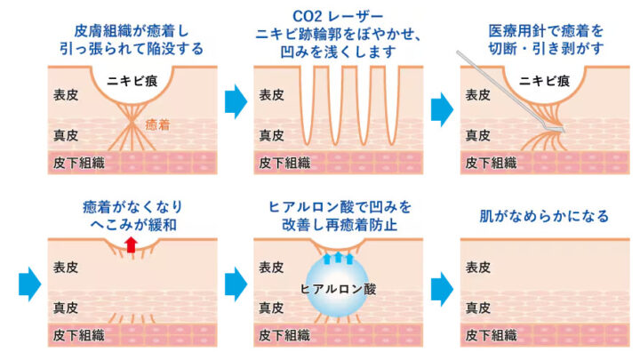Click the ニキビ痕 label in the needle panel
coord(544,79)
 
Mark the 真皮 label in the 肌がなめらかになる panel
coord(480,307)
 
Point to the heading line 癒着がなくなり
coord(132,206)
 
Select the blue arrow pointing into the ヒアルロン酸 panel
coord(235,285)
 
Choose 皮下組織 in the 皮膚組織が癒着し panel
coord(76,163)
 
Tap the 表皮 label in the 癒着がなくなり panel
coord(64,265)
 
